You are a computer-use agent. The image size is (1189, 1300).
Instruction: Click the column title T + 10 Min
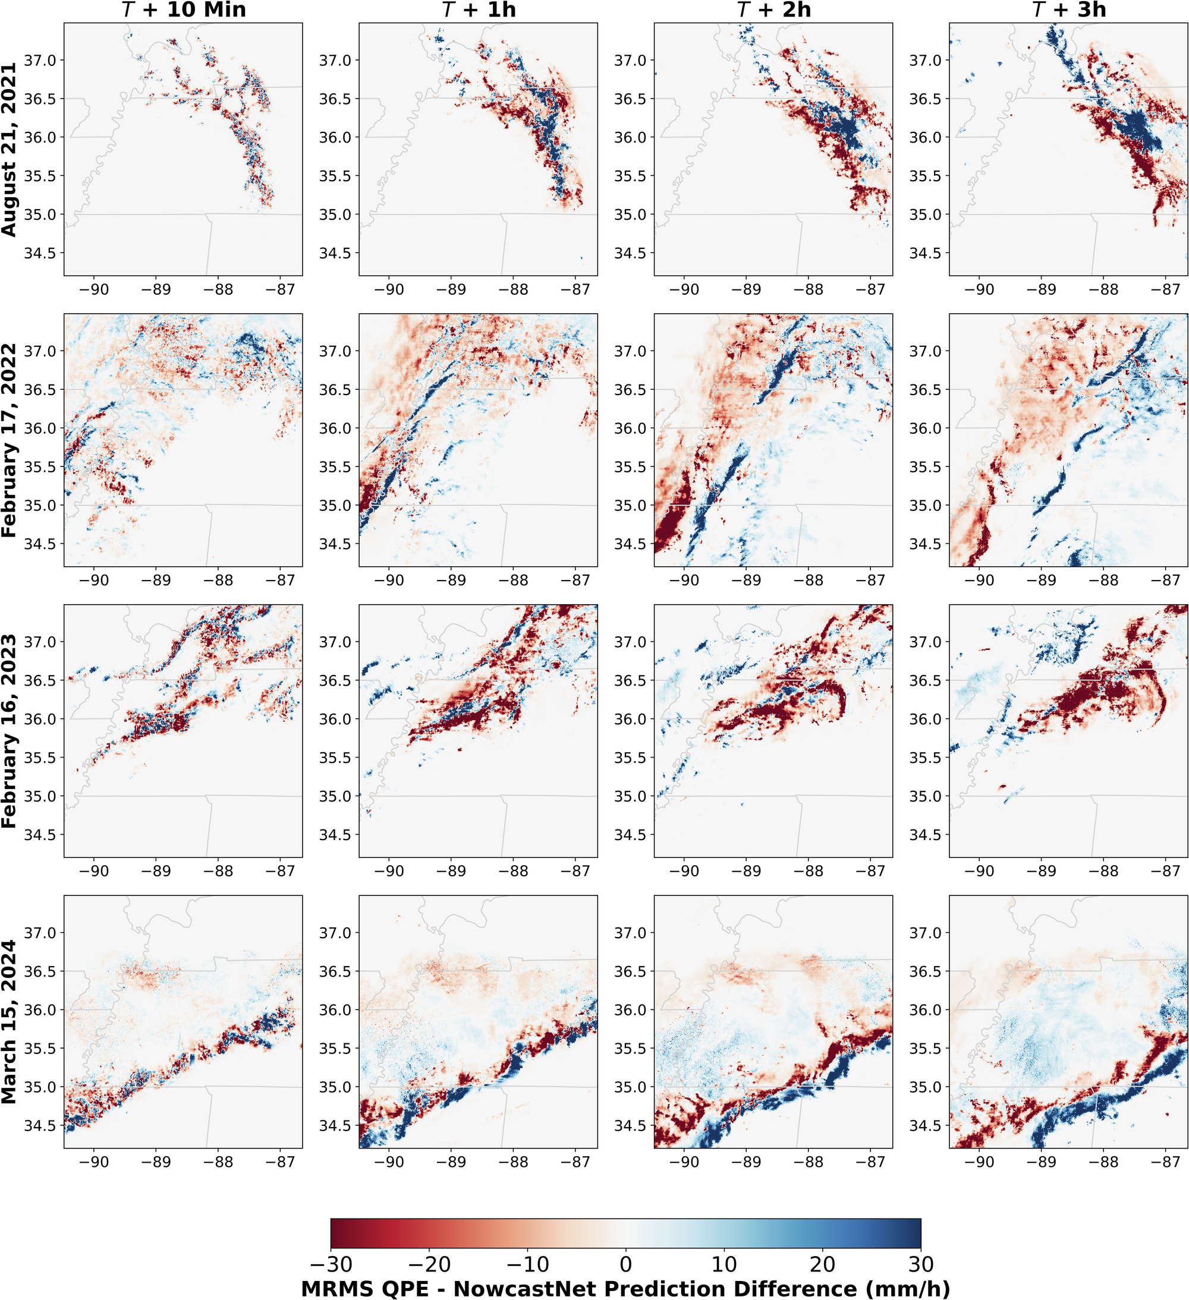[183, 10]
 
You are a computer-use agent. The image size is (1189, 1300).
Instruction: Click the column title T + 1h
[478, 10]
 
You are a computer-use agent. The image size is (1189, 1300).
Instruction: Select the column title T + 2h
[773, 10]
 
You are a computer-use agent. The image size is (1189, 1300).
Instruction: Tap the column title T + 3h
[1068, 10]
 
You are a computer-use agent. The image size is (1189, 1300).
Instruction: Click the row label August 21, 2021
[9, 150]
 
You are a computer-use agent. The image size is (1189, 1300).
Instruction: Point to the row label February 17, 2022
[9, 440]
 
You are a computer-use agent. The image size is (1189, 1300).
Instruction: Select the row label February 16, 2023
[9, 731]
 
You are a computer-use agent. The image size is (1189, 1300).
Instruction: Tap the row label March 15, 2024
[9, 1022]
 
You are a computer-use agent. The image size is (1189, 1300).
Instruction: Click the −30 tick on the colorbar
[331, 1264]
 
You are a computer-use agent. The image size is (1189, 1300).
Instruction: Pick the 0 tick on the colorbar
[626, 1264]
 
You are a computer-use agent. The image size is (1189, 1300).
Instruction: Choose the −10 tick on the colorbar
[528, 1264]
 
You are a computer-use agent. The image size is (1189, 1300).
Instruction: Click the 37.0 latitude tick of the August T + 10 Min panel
[40, 61]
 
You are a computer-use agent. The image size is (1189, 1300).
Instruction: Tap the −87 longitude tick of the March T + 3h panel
[1166, 1162]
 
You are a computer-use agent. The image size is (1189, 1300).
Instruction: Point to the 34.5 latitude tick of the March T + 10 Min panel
[40, 1126]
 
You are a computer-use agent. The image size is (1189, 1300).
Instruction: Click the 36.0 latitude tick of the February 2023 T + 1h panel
[335, 719]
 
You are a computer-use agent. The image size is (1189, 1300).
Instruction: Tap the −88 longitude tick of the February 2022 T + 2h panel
[809, 580]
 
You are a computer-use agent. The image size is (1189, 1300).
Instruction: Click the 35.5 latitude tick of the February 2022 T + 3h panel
[925, 467]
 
